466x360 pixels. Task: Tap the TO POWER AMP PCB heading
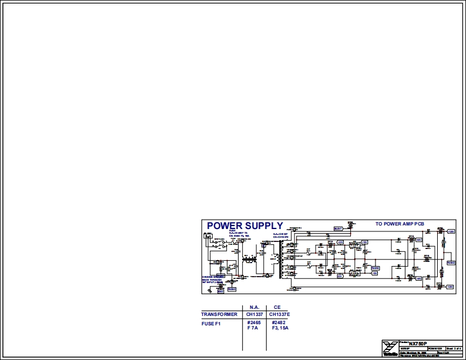[x=400, y=224]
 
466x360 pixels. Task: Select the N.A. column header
[x=254, y=307]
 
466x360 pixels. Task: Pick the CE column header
[x=277, y=307]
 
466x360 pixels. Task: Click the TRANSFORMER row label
[x=219, y=314]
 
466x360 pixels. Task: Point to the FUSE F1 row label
[x=210, y=323]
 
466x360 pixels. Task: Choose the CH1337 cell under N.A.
[x=255, y=314]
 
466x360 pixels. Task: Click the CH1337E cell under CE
[x=280, y=314]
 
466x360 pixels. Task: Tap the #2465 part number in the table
[x=254, y=322]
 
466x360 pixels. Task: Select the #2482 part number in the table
[x=279, y=322]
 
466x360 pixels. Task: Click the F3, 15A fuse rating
[x=280, y=328]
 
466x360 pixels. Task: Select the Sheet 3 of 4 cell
[x=454, y=348]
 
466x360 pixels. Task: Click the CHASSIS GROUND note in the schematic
[x=214, y=276]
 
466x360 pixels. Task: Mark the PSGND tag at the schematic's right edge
[x=451, y=263]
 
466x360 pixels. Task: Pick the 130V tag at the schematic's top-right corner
[x=451, y=232]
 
